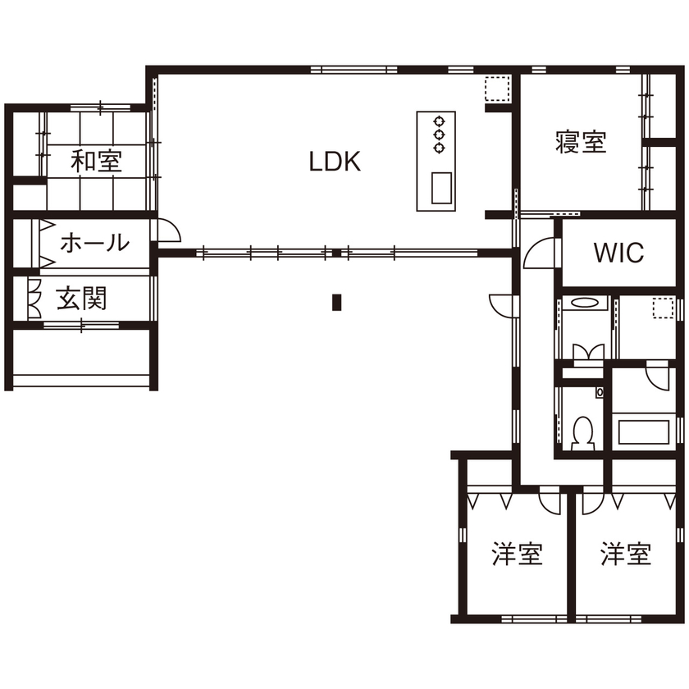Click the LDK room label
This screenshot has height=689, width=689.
pos(335,162)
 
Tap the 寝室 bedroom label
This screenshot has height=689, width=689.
pos(580,144)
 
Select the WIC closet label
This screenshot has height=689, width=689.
pos(618,253)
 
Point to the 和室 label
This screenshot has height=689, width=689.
pos(96,162)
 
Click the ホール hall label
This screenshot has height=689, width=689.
pos(95,243)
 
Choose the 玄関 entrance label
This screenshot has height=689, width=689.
pos(82,299)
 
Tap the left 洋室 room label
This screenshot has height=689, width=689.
pos(517,554)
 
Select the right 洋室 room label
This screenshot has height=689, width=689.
pos(625,554)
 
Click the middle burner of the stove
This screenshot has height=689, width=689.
pos(438,133)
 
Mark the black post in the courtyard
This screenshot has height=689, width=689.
pos(335,303)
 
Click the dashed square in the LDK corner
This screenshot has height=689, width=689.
pos(495,87)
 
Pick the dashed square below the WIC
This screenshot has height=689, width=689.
pos(662,308)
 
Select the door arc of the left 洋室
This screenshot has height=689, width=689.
pos(549,500)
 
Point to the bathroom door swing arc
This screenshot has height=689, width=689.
pos(658,378)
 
